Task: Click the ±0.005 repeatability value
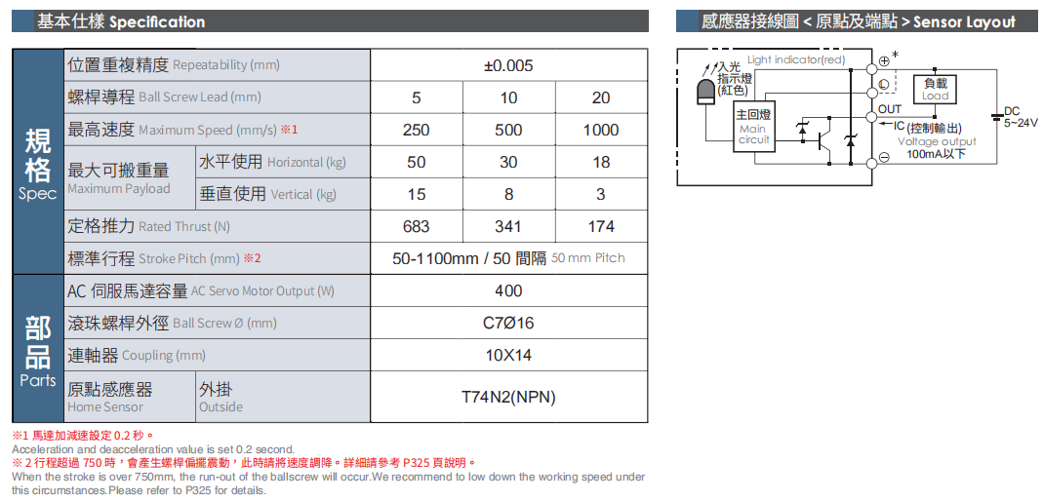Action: pos(508,65)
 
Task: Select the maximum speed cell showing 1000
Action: pos(601,131)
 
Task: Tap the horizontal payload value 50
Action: pos(416,162)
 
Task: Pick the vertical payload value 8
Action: pos(508,194)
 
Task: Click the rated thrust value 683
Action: pos(416,226)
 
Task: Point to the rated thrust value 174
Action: pos(601,226)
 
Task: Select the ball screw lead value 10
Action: pos(508,97)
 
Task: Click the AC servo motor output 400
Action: pos(508,291)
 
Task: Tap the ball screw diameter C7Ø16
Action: pos(508,324)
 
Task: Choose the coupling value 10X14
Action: pos(508,356)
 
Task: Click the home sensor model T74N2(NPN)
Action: pos(508,398)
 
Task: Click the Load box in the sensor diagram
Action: pos(936,89)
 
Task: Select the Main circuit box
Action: pos(753,129)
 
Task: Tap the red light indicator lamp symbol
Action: pos(705,92)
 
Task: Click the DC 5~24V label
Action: pos(1019,117)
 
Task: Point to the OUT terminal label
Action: pos(890,108)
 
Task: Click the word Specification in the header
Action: pos(157,21)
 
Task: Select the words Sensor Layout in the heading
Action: pos(964,21)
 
